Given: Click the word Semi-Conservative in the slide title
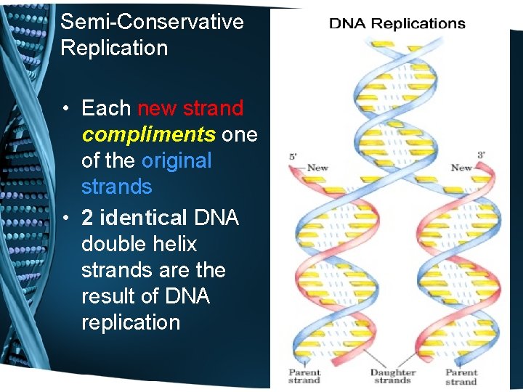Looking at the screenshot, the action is pyautogui.click(x=152, y=22).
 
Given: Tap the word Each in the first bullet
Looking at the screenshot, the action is pyautogui.click(x=106, y=108).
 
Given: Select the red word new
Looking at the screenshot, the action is pyautogui.click(x=158, y=108).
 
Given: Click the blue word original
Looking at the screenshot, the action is pyautogui.click(x=177, y=160).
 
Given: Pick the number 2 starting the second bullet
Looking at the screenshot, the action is pyautogui.click(x=87, y=217).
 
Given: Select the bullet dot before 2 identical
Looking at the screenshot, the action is pyautogui.click(x=65, y=219).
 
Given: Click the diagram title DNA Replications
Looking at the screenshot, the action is pyautogui.click(x=397, y=23).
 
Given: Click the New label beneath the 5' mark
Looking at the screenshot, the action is pyautogui.click(x=317, y=168).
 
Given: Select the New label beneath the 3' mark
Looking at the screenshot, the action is pyautogui.click(x=461, y=168).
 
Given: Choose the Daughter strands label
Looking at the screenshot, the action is pyautogui.click(x=393, y=377).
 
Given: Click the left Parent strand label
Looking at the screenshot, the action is pyautogui.click(x=304, y=377).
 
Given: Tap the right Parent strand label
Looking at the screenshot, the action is pyautogui.click(x=461, y=377).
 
